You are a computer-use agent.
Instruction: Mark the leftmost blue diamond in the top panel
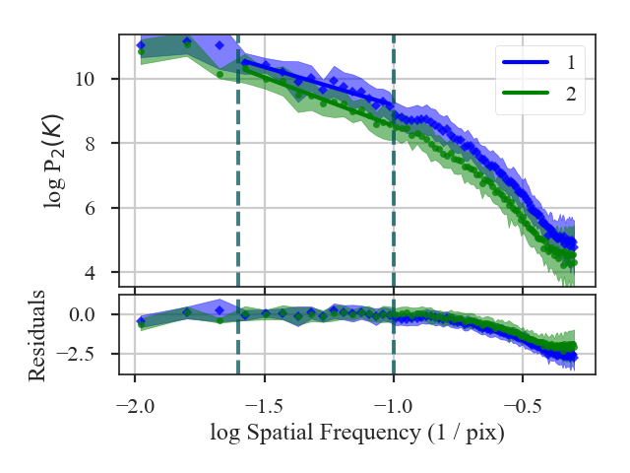point(141,45)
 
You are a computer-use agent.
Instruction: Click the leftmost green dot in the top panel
point(141,52)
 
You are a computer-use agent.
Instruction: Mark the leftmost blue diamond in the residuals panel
point(141,321)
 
